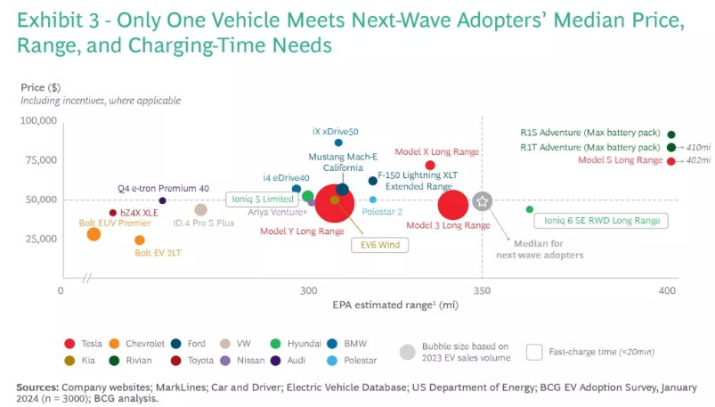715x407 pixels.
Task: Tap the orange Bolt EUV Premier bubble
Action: (93, 234)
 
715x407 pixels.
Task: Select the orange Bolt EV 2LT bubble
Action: (139, 240)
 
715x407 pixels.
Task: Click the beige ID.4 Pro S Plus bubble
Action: (201, 210)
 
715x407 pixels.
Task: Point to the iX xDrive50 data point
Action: (338, 142)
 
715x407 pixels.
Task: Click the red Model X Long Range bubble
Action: (430, 166)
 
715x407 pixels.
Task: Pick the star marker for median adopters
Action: (483, 201)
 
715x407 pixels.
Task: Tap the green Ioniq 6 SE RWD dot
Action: (530, 209)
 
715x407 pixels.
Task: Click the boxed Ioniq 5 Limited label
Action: (260, 199)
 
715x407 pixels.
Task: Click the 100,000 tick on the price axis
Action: (38, 120)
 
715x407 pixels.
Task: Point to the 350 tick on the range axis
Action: (482, 291)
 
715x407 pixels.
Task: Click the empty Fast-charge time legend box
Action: (535, 351)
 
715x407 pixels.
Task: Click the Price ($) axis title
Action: (40, 87)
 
